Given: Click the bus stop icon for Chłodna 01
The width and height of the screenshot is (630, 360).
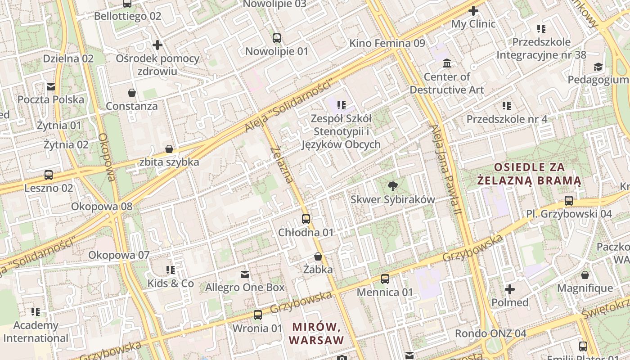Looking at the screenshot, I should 306,219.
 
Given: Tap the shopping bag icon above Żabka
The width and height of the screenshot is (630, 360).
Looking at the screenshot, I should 318,256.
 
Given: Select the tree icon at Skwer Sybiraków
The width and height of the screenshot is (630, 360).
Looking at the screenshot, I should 393,186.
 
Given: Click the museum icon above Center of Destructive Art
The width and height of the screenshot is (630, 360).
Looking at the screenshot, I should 447,63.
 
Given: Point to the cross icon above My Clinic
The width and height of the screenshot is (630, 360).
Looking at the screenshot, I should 473,10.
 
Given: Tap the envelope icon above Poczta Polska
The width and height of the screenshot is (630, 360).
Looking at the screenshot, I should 51,86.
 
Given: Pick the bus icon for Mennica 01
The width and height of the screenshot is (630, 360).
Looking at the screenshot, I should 385,279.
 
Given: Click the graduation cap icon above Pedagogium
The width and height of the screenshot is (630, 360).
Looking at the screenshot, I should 598,67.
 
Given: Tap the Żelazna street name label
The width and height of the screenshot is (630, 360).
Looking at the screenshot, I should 283,164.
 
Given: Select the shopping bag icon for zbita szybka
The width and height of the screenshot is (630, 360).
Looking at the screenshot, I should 169,148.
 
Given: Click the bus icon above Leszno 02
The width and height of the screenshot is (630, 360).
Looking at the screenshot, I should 49,175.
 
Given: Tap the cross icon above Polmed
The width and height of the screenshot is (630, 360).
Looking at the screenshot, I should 510,289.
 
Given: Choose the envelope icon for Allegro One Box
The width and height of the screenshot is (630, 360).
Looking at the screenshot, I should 245,274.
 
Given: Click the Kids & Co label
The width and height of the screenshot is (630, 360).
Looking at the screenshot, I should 171,283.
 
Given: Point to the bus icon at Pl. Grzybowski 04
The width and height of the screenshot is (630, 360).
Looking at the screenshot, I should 569,200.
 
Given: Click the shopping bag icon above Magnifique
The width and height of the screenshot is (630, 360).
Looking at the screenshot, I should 585,274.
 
